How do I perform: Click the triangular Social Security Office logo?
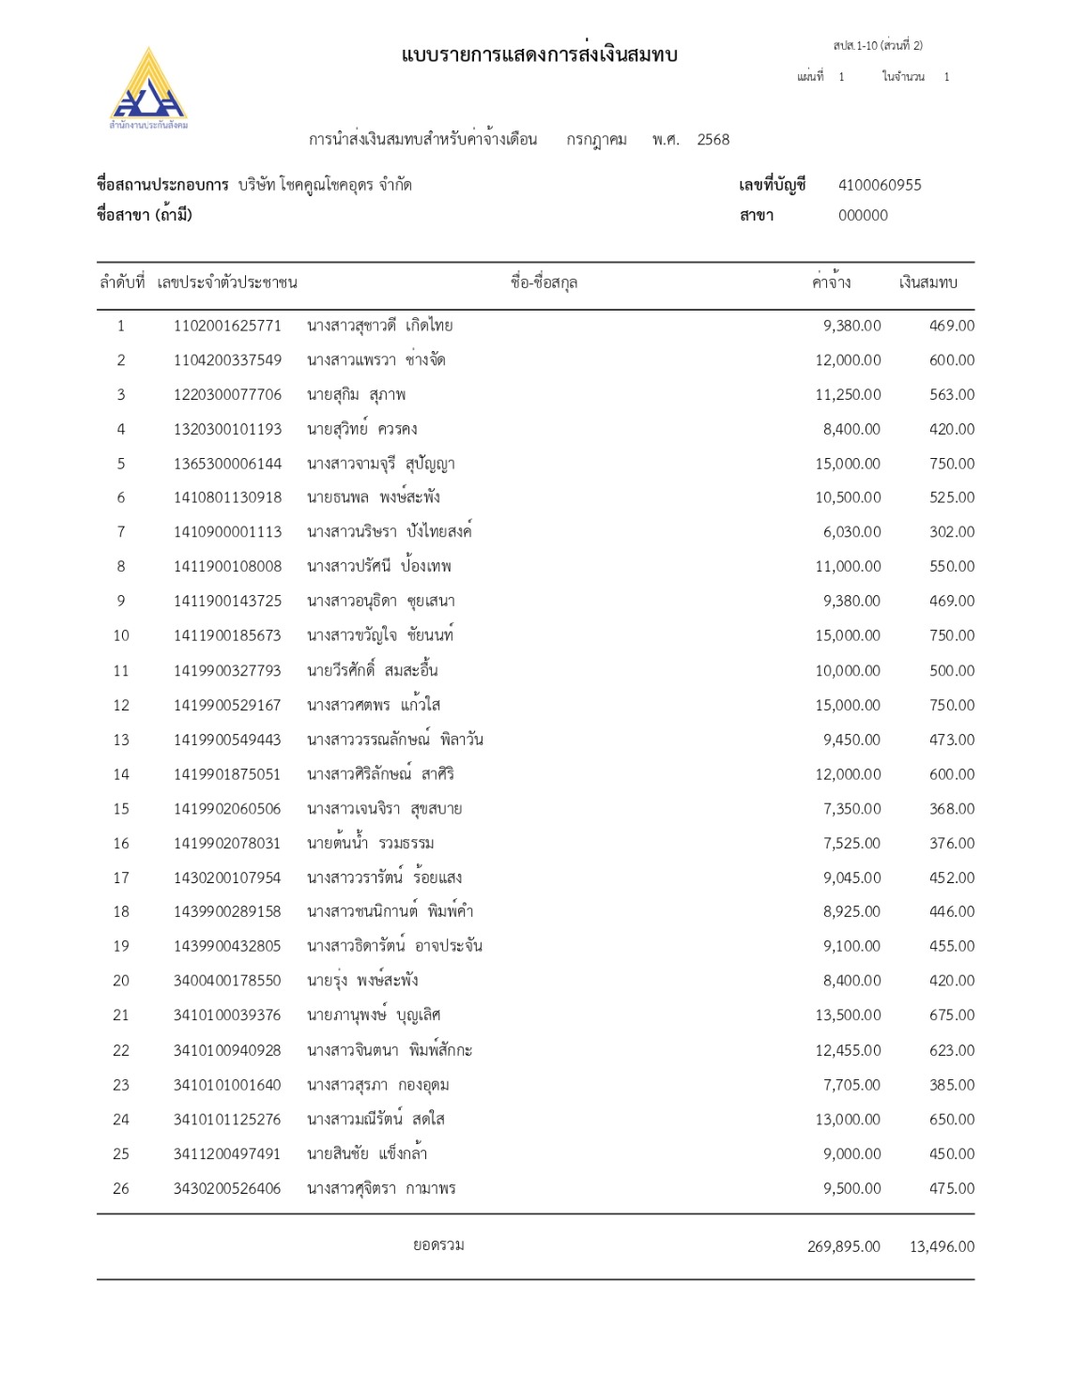148,85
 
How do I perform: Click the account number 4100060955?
880,185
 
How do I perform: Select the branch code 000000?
863,215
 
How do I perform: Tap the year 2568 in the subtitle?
713,140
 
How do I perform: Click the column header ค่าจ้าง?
832,282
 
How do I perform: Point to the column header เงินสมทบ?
927,282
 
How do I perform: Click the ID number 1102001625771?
227,326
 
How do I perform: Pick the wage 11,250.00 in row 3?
848,395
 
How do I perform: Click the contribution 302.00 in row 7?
952,532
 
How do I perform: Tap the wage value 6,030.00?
851,532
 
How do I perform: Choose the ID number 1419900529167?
227,705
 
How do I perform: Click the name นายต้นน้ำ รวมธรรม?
371,843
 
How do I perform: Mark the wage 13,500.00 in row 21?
848,1015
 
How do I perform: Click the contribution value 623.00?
952,1050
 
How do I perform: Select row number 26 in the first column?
121,1188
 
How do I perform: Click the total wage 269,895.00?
843,1246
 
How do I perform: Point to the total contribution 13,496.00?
942,1246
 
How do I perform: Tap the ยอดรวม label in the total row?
438,1245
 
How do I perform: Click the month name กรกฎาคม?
596,140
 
